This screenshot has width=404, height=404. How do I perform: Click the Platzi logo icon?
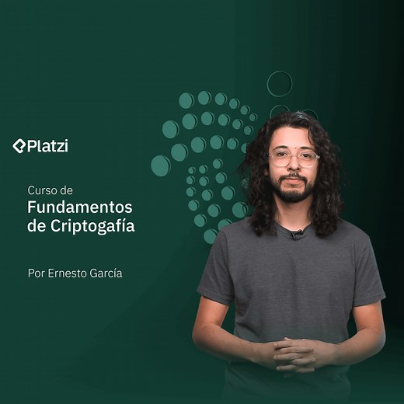tap(19, 145)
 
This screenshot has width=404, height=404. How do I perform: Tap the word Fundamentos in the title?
tap(79, 207)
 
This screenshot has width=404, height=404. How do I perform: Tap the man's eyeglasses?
tap(294, 158)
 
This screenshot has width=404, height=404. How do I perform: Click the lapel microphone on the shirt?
tap(296, 233)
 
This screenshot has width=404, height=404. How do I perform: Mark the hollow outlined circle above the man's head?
tap(280, 83)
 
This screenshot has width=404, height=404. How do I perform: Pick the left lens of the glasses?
tap(280, 158)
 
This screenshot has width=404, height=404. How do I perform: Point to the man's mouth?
tap(293, 179)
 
